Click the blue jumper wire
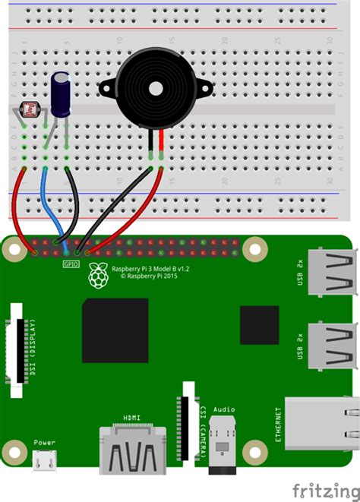[x=47, y=201]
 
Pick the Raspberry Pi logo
[x=96, y=276]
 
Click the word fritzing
[x=318, y=486]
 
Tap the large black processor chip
[x=115, y=330]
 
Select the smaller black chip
[x=259, y=325]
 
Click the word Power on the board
[x=44, y=443]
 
